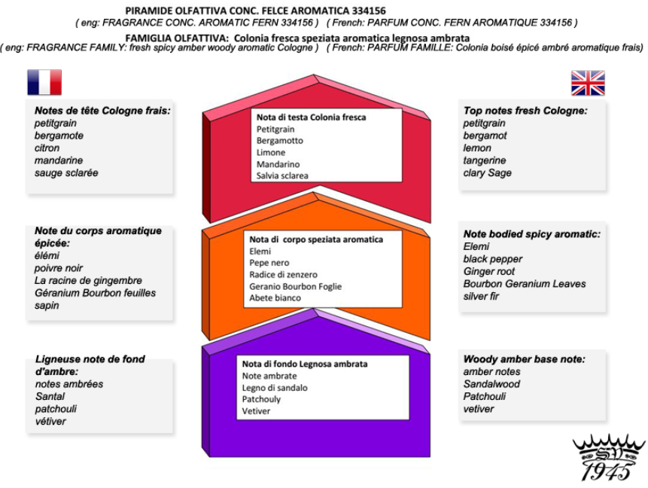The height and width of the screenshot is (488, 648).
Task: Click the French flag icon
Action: pyautogui.click(x=44, y=82)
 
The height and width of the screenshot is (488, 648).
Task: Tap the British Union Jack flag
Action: pyautogui.click(x=588, y=83)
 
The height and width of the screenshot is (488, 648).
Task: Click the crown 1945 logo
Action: pyautogui.click(x=608, y=458)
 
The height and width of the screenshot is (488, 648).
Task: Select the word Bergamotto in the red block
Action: pyautogui.click(x=280, y=141)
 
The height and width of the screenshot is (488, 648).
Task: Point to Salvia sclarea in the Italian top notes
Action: pyautogui.click(x=282, y=175)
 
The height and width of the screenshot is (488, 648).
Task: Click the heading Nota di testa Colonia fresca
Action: pyautogui.click(x=311, y=117)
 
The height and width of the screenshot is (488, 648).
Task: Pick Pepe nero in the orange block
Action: pyautogui.click(x=269, y=263)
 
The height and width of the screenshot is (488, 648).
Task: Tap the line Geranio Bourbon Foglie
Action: pyautogui.click(x=296, y=286)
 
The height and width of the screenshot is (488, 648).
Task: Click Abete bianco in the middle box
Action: pyautogui.click(x=275, y=297)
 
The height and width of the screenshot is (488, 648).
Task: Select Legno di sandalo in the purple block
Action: pyautogui.click(x=275, y=388)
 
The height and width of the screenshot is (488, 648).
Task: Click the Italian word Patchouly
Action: pyautogui.click(x=261, y=399)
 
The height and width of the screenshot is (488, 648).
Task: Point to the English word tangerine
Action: pyautogui.click(x=485, y=160)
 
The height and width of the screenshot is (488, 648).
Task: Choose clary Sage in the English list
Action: pyautogui.click(x=487, y=173)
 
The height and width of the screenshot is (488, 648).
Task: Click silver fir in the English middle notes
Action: pyautogui.click(x=481, y=296)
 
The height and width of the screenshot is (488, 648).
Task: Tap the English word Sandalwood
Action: pyautogui.click(x=491, y=384)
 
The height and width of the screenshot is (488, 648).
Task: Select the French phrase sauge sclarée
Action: pyautogui.click(x=66, y=173)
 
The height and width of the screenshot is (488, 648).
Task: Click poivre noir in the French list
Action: pyautogui.click(x=59, y=268)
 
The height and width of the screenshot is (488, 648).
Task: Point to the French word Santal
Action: pyautogui.click(x=50, y=396)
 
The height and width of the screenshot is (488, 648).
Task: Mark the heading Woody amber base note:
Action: pyautogui.click(x=524, y=359)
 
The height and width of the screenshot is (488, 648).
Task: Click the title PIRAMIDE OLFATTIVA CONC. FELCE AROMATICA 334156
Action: pyautogui.click(x=255, y=11)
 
